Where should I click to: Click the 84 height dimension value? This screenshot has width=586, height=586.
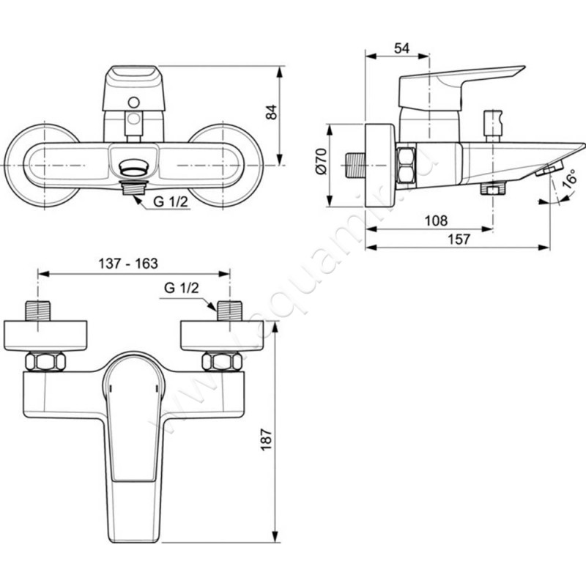[272, 112]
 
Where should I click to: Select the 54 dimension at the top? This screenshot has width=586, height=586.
[401, 48]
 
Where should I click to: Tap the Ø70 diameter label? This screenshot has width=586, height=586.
[321, 161]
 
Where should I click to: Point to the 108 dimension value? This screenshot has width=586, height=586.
[436, 220]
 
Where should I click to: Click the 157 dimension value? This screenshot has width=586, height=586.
[459, 240]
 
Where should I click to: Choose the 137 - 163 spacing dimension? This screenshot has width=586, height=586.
[128, 264]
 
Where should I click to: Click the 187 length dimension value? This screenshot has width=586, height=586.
[266, 439]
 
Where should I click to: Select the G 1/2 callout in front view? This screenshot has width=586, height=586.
[171, 202]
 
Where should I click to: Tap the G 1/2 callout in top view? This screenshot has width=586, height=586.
[181, 288]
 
